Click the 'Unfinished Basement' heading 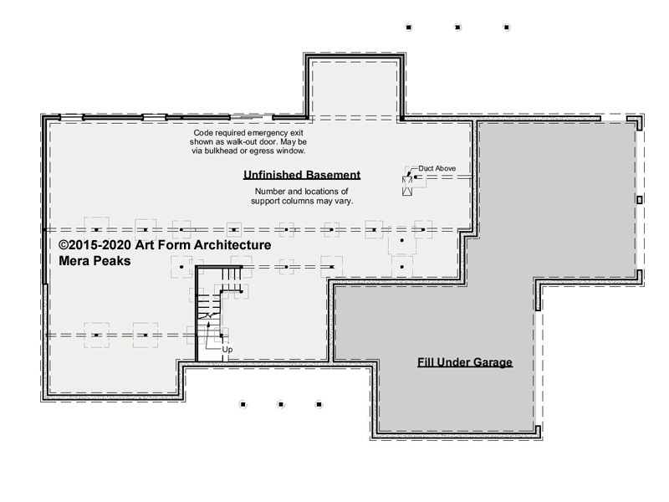[302, 175]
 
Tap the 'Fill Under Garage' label [465, 362]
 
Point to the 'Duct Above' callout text [437, 168]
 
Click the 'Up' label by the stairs [227, 350]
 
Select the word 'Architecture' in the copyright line [232, 245]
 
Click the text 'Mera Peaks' [94, 261]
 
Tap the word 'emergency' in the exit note [268, 133]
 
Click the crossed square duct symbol [407, 186]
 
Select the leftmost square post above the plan [409, 28]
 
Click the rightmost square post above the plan [507, 28]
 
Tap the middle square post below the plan [281, 404]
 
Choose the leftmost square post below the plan [243, 404]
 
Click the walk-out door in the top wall [252, 117]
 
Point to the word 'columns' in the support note [309, 201]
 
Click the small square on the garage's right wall [639, 200]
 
